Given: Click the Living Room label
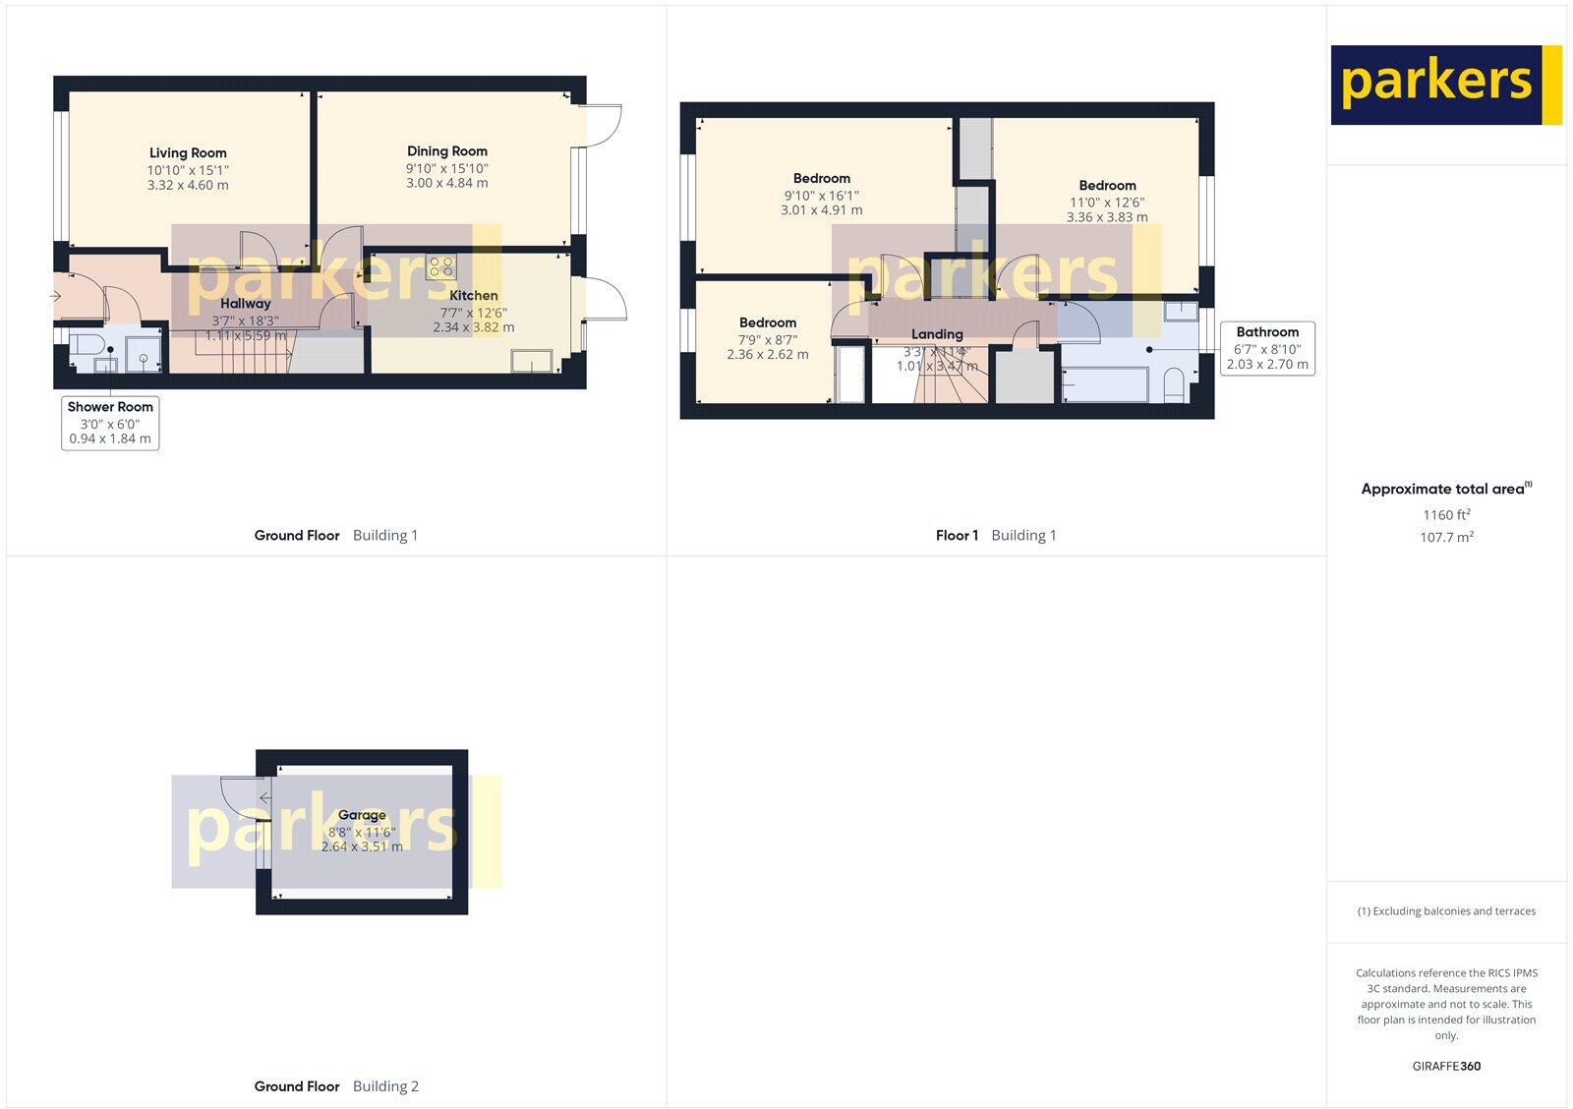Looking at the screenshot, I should pos(188,153).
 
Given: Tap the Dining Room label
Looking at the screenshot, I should pos(447,151).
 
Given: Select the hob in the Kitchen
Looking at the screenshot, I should pos(441,266).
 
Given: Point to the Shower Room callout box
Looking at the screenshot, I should pos(110,423).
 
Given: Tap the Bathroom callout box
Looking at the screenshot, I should pos(1267,348).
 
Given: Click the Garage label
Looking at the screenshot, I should pos(362,815).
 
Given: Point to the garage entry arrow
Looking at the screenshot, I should pos(265,797).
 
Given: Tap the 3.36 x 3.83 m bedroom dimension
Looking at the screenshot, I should pos(1107,217).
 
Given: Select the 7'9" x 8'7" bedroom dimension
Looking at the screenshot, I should pos(768,339).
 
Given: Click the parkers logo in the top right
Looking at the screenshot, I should pos(1445,85).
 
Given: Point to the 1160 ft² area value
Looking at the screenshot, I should pos(1446,515).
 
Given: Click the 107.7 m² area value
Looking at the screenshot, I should pos(1447,538).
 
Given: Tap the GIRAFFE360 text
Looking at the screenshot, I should pos(1447,1066).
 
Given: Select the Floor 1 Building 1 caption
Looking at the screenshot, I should pos(995,536).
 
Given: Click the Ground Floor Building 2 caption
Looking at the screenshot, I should pos(336,1086).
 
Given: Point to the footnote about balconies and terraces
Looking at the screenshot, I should pos(1446,911).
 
